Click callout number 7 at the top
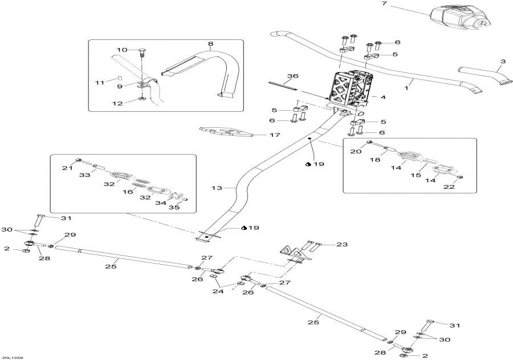click(384, 5)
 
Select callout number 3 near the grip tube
click(502, 61)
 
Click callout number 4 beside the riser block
click(383, 98)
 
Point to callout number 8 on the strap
click(210, 43)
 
